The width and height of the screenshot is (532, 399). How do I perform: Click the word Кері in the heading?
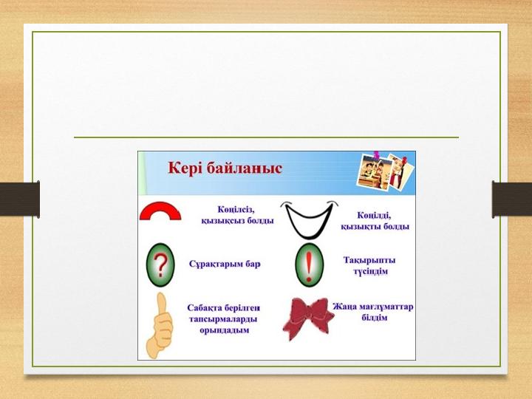[x=185, y=168]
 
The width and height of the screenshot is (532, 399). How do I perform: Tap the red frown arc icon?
[x=160, y=211]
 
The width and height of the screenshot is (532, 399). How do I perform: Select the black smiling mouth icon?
[x=309, y=219]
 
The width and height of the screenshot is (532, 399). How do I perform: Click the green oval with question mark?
[x=160, y=265]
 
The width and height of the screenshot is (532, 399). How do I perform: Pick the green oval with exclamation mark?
[x=309, y=265]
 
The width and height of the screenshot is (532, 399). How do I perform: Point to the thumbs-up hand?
[x=159, y=326]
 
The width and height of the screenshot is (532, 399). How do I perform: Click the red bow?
[x=308, y=319]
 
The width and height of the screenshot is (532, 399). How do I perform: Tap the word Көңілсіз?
[x=236, y=210]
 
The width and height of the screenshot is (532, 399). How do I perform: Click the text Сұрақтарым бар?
[x=225, y=264]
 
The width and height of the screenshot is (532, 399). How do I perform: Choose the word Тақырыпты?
[x=369, y=260]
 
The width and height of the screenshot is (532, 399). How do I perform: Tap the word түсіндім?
[x=370, y=271]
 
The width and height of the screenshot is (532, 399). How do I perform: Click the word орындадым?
[x=225, y=330]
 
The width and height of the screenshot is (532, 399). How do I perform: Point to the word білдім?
[x=374, y=318]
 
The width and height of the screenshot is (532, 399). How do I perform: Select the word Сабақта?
[x=204, y=307]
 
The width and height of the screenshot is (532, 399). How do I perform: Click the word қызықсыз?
[x=222, y=221]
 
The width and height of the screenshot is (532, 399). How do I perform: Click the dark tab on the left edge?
[x=20, y=199]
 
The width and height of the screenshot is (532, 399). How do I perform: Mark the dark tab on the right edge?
[x=512, y=199]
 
